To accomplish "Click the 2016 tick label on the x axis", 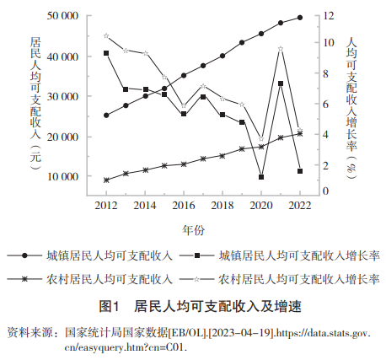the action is click(184, 206).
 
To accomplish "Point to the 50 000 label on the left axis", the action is click(62, 16).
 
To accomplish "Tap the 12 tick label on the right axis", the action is click(328, 16).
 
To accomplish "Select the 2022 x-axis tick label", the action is click(300, 206).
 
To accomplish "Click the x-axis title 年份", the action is click(194, 230).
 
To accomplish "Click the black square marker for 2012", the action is click(106, 53).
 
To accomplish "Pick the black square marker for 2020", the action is click(261, 177).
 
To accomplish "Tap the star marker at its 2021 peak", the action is click(281, 49).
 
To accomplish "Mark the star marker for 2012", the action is click(106, 35).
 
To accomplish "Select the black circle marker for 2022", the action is click(300, 18).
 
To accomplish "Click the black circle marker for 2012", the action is click(106, 116).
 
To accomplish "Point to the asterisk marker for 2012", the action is click(106, 180).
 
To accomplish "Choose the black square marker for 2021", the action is click(281, 83).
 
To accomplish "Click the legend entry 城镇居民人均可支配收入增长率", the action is click(299, 255).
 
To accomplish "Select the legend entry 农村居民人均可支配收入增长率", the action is click(299, 279).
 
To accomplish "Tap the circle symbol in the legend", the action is click(24, 255).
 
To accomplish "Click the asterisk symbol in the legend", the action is click(24, 279).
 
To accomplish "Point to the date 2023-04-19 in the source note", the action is click(241, 333).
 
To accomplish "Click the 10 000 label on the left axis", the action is click(62, 176).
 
